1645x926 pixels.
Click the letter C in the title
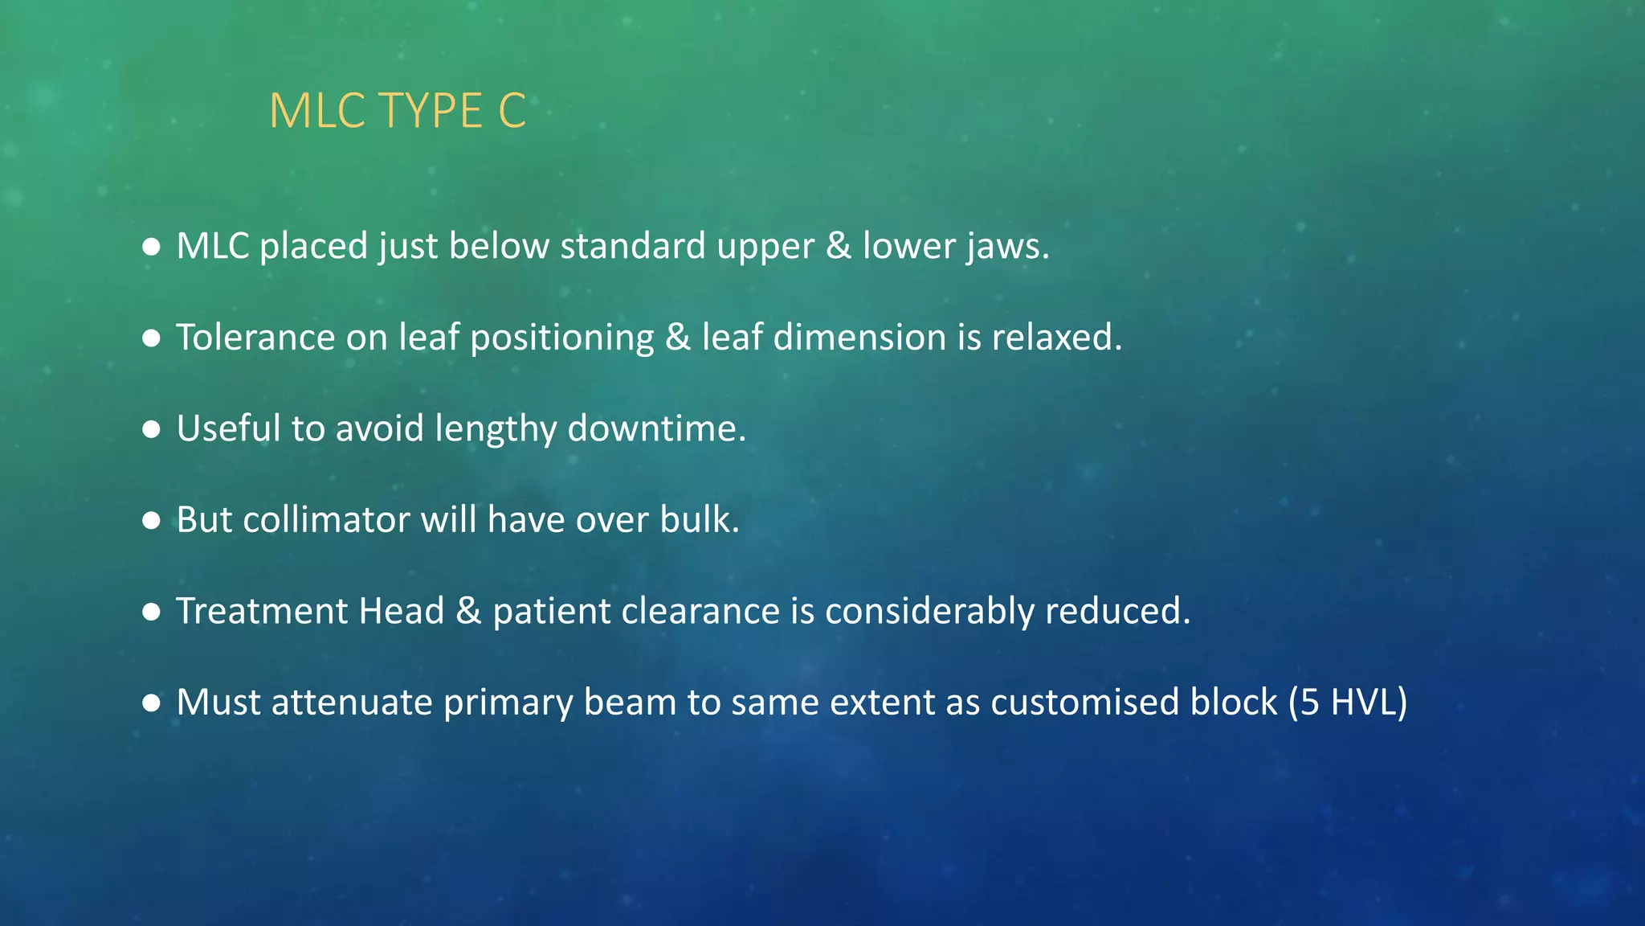click(x=512, y=111)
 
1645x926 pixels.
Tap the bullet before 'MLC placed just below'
click(x=151, y=246)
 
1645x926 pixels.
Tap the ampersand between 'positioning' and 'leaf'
click(x=678, y=338)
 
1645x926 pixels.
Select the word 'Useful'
click(x=228, y=428)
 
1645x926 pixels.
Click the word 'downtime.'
click(x=657, y=428)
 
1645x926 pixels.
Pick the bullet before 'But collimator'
click(x=151, y=520)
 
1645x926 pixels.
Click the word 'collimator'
click(x=327, y=520)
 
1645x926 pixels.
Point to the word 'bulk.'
click(x=700, y=520)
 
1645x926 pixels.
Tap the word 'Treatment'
click(x=262, y=611)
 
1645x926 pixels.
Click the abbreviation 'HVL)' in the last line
click(x=1369, y=703)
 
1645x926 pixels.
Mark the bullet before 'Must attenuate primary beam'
click(x=151, y=703)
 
